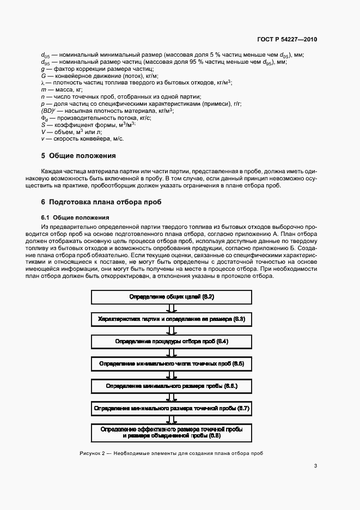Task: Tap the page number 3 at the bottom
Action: tap(315, 465)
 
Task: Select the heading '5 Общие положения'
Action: tap(79, 156)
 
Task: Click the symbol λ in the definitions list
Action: tap(42, 82)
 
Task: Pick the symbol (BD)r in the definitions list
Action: tap(47, 111)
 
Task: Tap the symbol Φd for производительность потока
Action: tap(45, 118)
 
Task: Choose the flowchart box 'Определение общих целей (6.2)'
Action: tap(171, 297)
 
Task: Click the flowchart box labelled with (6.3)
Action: tap(171, 319)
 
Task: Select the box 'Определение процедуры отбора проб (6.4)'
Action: tap(171, 341)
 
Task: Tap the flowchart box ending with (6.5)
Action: tap(171, 363)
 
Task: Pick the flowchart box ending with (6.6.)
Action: tap(171, 386)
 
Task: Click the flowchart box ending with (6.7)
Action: tap(171, 408)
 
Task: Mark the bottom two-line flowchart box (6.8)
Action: tap(171, 433)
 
